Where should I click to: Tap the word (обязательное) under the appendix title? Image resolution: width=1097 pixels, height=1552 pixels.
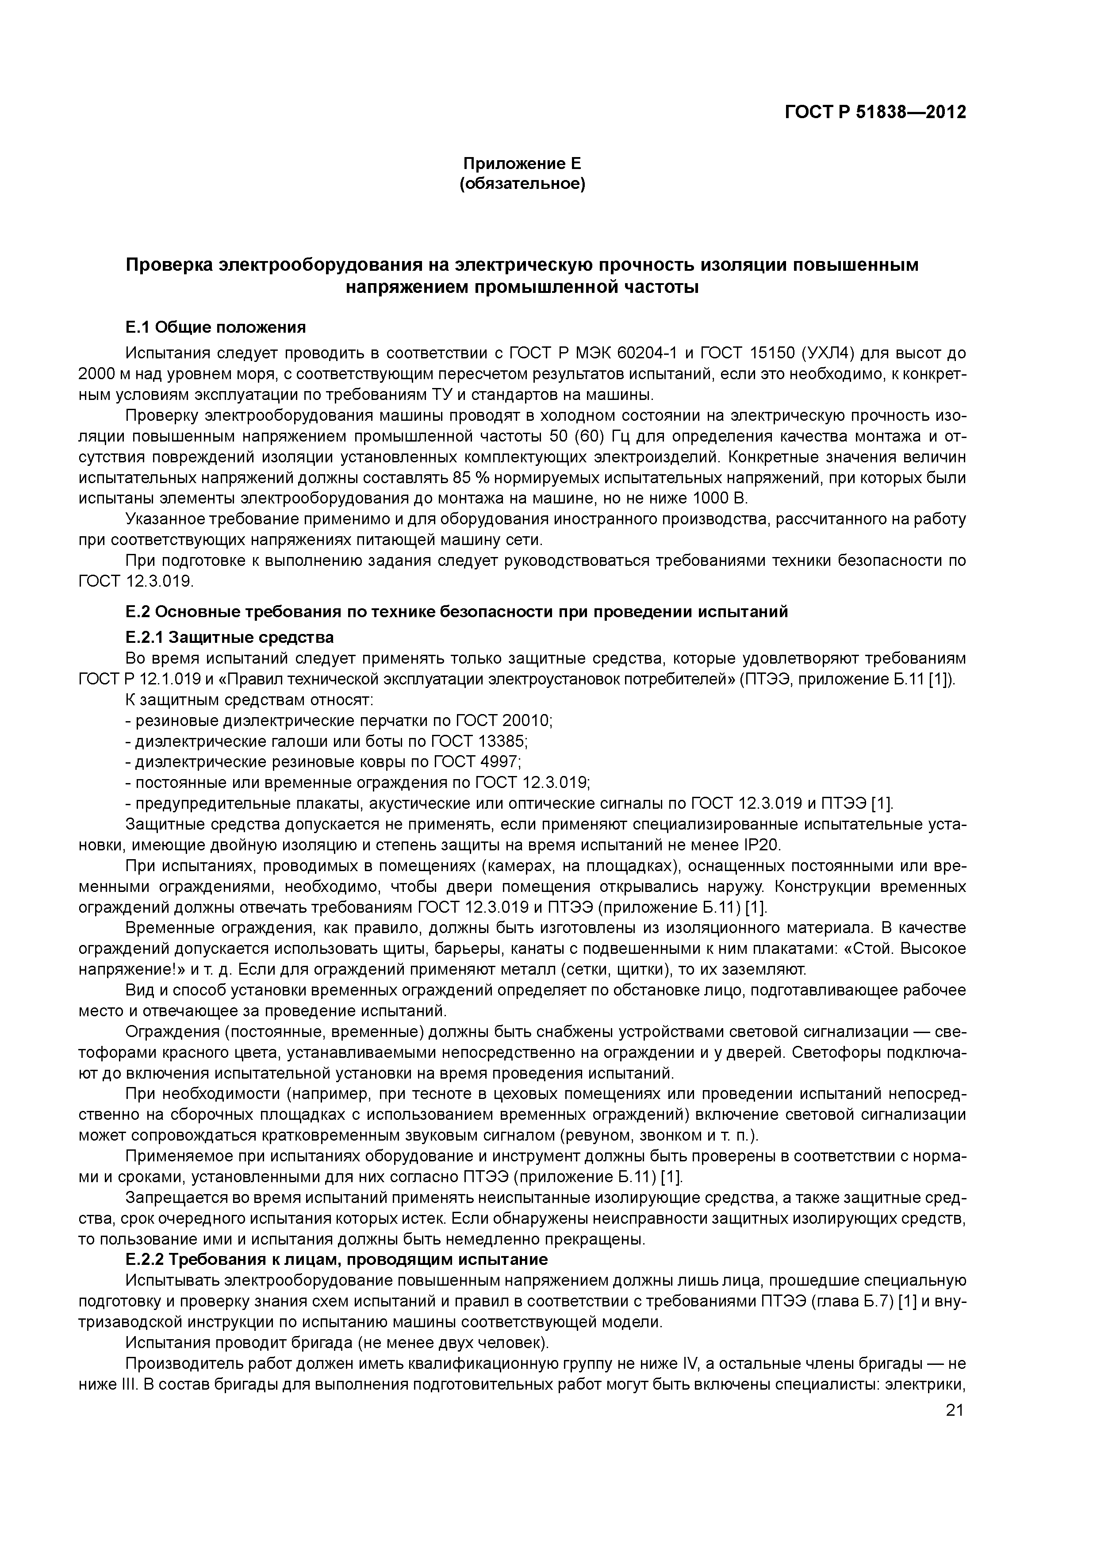pos(522,184)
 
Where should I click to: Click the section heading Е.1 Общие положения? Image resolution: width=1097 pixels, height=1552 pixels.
pos(215,327)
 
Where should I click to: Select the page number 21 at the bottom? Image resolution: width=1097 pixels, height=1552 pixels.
pos(955,1410)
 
